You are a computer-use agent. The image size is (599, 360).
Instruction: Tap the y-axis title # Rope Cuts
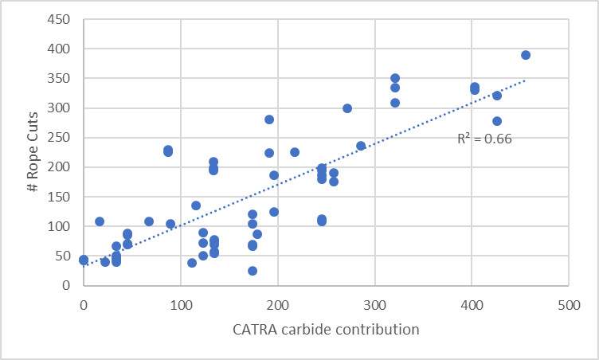pos(27,152)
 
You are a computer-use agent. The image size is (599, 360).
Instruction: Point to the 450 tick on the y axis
pos(65,19)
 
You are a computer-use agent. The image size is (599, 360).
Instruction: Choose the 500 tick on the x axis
pos(568,303)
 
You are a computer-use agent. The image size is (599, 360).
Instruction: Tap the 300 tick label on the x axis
pos(374,303)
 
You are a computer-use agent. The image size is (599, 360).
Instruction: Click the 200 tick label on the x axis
pos(277,303)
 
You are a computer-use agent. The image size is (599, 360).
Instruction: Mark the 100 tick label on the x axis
pos(181,303)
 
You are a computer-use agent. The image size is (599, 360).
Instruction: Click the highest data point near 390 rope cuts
pos(526,55)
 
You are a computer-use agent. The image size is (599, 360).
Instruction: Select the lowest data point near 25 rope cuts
pos(253,271)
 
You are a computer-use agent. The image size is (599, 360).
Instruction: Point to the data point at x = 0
pos(84,260)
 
